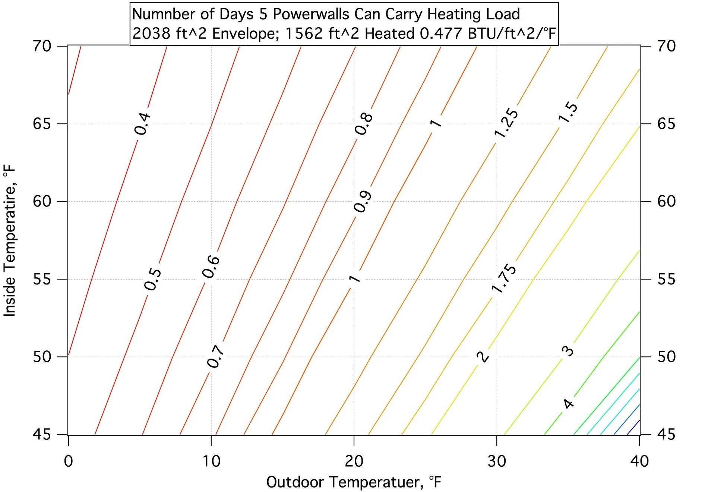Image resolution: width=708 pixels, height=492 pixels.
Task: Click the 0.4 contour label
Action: (x=142, y=124)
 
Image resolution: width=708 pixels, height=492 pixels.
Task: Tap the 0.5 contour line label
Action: (x=153, y=280)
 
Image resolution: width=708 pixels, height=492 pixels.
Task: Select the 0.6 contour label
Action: (x=211, y=267)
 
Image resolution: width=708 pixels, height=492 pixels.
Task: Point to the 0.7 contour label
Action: (x=215, y=356)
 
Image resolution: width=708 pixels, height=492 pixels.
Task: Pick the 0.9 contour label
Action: (x=363, y=202)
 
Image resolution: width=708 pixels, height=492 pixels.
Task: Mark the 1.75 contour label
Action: (x=503, y=278)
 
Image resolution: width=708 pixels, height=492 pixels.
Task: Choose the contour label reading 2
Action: (x=483, y=356)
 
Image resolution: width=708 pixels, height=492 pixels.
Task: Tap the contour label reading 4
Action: (x=568, y=404)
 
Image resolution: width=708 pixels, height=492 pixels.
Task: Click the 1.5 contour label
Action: (x=568, y=112)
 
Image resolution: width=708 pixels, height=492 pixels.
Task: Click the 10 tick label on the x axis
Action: (x=211, y=461)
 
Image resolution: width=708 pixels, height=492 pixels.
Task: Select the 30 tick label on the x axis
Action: (x=497, y=461)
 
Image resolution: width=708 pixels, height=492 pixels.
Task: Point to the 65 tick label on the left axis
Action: (x=42, y=124)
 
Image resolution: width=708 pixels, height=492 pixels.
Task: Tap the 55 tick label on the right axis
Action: (x=666, y=279)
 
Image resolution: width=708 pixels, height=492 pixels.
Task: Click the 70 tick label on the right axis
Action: (x=666, y=46)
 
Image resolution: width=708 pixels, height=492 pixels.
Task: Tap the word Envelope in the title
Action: (x=244, y=34)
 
